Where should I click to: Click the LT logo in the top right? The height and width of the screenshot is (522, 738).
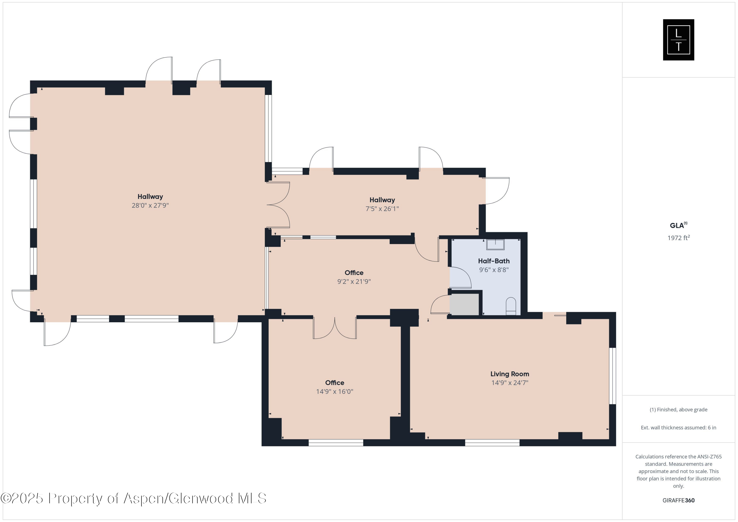coord(678,40)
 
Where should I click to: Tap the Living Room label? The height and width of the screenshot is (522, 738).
coord(509,374)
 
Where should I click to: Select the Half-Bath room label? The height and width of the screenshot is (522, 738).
coord(494,261)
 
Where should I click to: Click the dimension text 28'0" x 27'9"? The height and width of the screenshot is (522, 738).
coord(150,205)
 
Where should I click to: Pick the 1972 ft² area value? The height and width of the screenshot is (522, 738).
coord(678,238)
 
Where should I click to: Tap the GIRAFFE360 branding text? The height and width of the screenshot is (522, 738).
coord(678,500)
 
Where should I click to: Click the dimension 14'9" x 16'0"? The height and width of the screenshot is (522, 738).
coord(335,392)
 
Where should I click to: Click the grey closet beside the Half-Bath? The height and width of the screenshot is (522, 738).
coord(464,304)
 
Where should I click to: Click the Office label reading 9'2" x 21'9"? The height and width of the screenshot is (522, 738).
coord(354,273)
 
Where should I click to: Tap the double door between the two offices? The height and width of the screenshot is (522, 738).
coord(335,328)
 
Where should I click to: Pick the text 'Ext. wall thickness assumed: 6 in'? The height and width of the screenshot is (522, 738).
coord(678,428)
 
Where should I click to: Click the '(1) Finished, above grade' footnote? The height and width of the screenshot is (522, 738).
coord(678,410)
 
